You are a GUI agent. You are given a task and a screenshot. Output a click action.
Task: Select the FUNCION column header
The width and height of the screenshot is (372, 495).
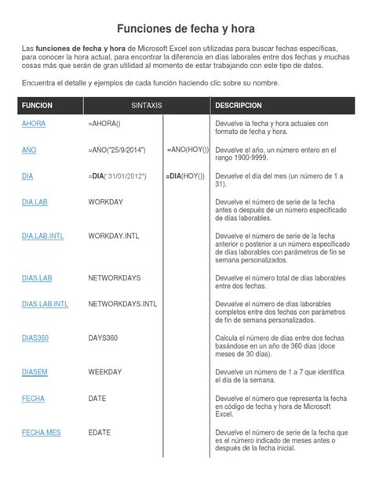tap(37, 104)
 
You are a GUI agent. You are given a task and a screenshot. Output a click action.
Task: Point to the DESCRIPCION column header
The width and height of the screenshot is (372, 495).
tap(239, 104)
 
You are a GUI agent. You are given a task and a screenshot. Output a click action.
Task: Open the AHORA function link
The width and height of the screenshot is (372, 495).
tap(33, 124)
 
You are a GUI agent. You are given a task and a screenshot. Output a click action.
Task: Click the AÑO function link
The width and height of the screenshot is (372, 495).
tap(29, 149)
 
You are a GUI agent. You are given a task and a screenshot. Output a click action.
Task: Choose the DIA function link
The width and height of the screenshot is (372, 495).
tap(27, 176)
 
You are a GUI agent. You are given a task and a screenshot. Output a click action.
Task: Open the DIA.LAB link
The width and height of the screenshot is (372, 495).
tap(35, 201)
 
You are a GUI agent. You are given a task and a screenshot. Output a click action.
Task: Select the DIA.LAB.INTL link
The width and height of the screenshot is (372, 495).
tap(43, 235)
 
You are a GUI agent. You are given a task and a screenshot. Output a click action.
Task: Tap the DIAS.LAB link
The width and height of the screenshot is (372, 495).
tap(38, 276)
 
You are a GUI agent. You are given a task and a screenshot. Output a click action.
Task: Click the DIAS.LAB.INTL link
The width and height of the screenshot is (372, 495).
tap(46, 302)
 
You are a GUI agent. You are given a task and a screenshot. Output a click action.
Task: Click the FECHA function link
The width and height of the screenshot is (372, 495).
tap(33, 398)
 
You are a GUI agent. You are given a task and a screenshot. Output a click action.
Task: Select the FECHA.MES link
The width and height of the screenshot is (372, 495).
tap(41, 432)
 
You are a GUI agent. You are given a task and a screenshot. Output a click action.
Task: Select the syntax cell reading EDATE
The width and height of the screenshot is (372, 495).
tap(100, 432)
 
